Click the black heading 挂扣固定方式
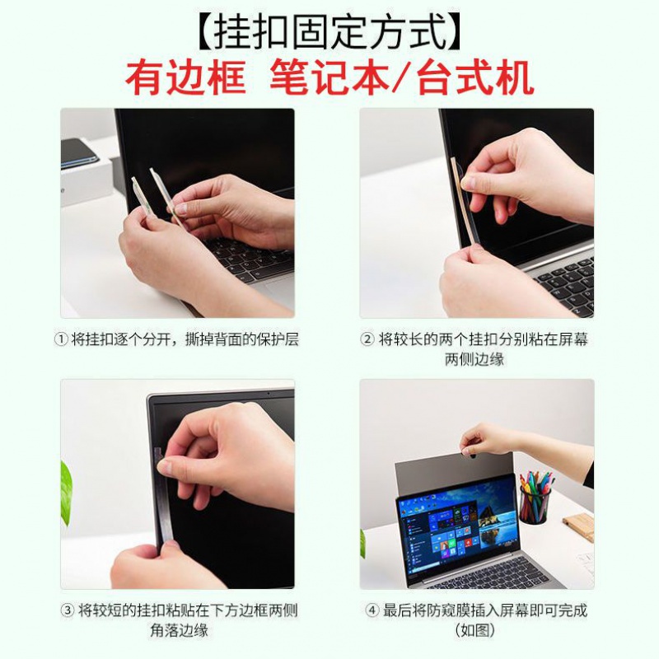coord(329,33)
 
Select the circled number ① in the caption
coord(61,339)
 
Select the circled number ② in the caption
coord(367,339)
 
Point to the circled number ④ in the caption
coord(372,610)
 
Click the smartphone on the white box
coord(79,152)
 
